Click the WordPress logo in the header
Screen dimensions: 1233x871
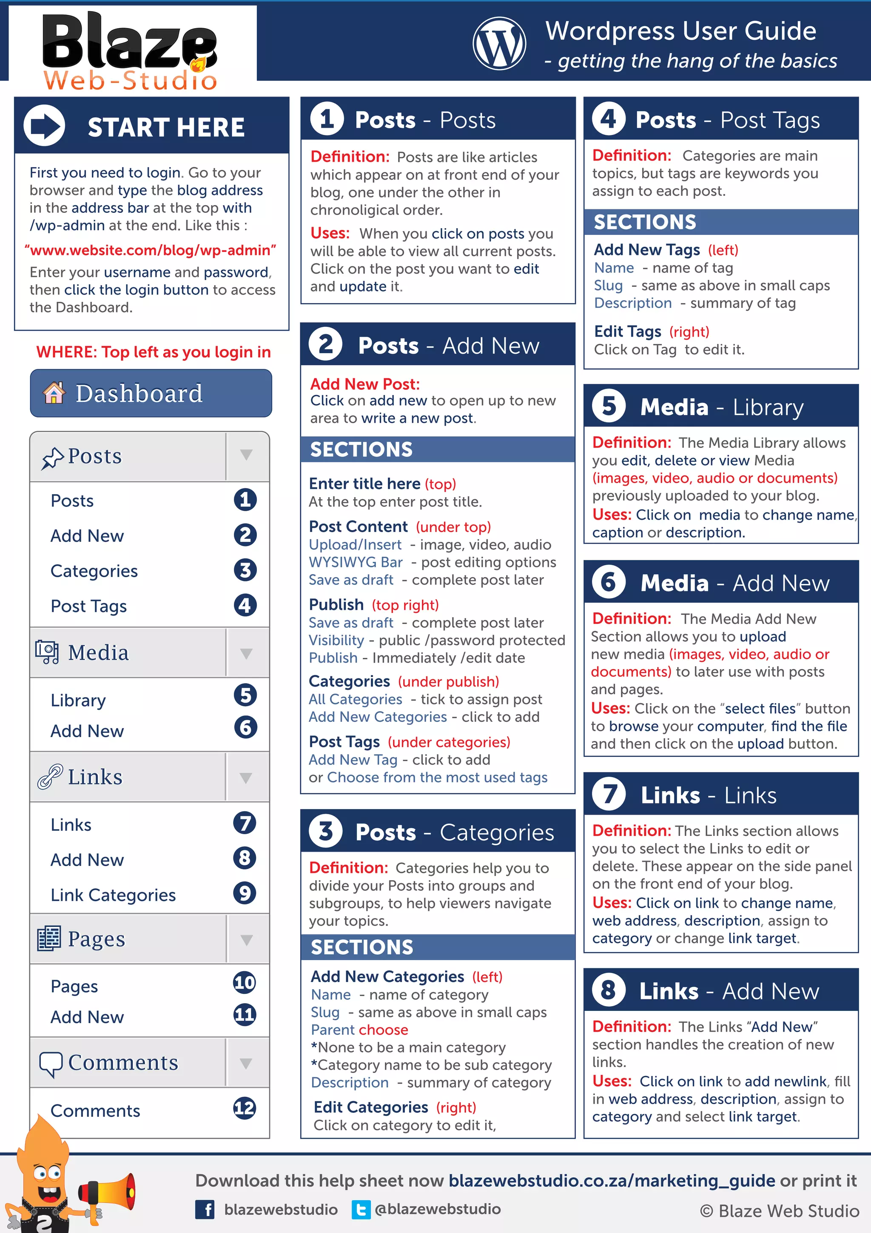(499, 43)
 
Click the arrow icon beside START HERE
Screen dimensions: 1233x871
(44, 126)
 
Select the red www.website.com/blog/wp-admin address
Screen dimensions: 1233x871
(151, 250)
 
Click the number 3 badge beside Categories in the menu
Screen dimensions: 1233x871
(245, 570)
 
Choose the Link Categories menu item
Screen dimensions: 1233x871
(113, 895)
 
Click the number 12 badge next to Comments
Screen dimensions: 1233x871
(245, 1108)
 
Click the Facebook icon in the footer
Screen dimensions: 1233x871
(205, 1209)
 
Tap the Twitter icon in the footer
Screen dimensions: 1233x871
(361, 1209)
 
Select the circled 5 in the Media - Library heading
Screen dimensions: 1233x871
(609, 406)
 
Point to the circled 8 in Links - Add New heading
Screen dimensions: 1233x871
(609, 990)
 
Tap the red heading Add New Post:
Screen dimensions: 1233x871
(365, 384)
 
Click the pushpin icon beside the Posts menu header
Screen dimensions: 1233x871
(52, 458)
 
